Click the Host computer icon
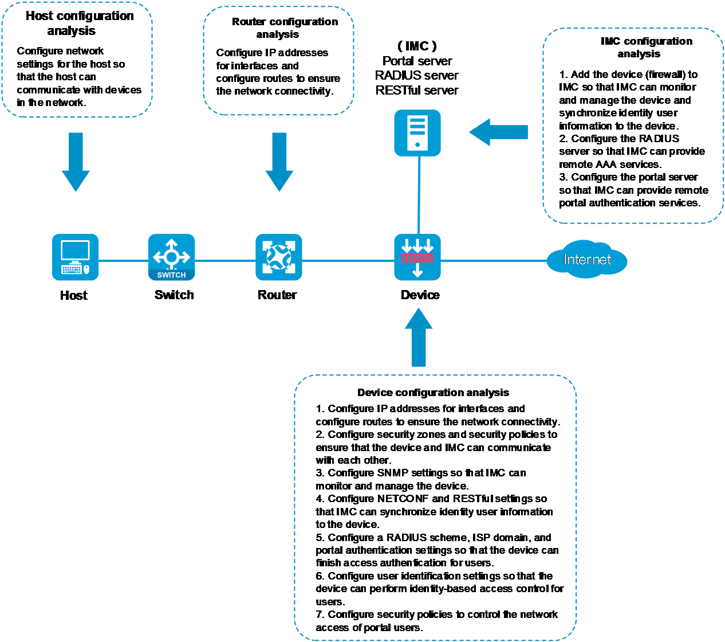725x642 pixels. coord(75,257)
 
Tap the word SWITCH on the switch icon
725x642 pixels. coord(171,275)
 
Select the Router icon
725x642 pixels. coord(278,257)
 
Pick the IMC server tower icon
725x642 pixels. coord(417,133)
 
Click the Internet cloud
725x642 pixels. coord(587,260)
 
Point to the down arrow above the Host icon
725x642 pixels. coord(76,162)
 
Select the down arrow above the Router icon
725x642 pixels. coord(279,162)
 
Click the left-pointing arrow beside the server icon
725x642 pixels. coord(498,132)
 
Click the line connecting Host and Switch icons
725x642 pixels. coord(123,261)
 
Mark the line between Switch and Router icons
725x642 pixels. coord(225,261)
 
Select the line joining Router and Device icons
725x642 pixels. coord(348,261)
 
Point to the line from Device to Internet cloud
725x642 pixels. coord(492,261)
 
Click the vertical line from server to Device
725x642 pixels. coord(419,195)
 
